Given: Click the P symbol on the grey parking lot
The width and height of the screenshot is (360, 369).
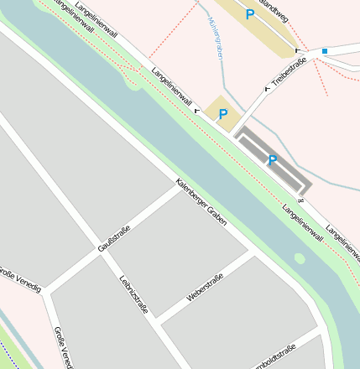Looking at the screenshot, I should coord(272,160).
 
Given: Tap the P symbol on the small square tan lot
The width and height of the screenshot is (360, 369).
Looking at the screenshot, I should coord(223,114).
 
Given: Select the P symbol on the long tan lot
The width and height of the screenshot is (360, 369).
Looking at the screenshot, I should coord(249,14).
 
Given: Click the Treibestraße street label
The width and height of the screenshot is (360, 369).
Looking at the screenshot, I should coord(289,72).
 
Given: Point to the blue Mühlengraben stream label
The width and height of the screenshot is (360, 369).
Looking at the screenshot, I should coord(216,38).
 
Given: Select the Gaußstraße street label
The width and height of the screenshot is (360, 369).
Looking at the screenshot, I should coord(115,238).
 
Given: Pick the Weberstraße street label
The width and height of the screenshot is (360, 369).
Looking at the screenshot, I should coord(205,288).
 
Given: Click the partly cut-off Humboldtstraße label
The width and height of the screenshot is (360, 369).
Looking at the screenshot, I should coord(274,357).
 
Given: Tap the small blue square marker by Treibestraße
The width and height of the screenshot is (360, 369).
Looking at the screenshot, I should coord(325,51).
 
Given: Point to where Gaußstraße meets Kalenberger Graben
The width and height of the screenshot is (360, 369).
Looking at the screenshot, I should coord(178,187).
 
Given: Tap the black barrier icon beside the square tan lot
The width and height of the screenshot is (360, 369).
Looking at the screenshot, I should coord(198,111).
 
